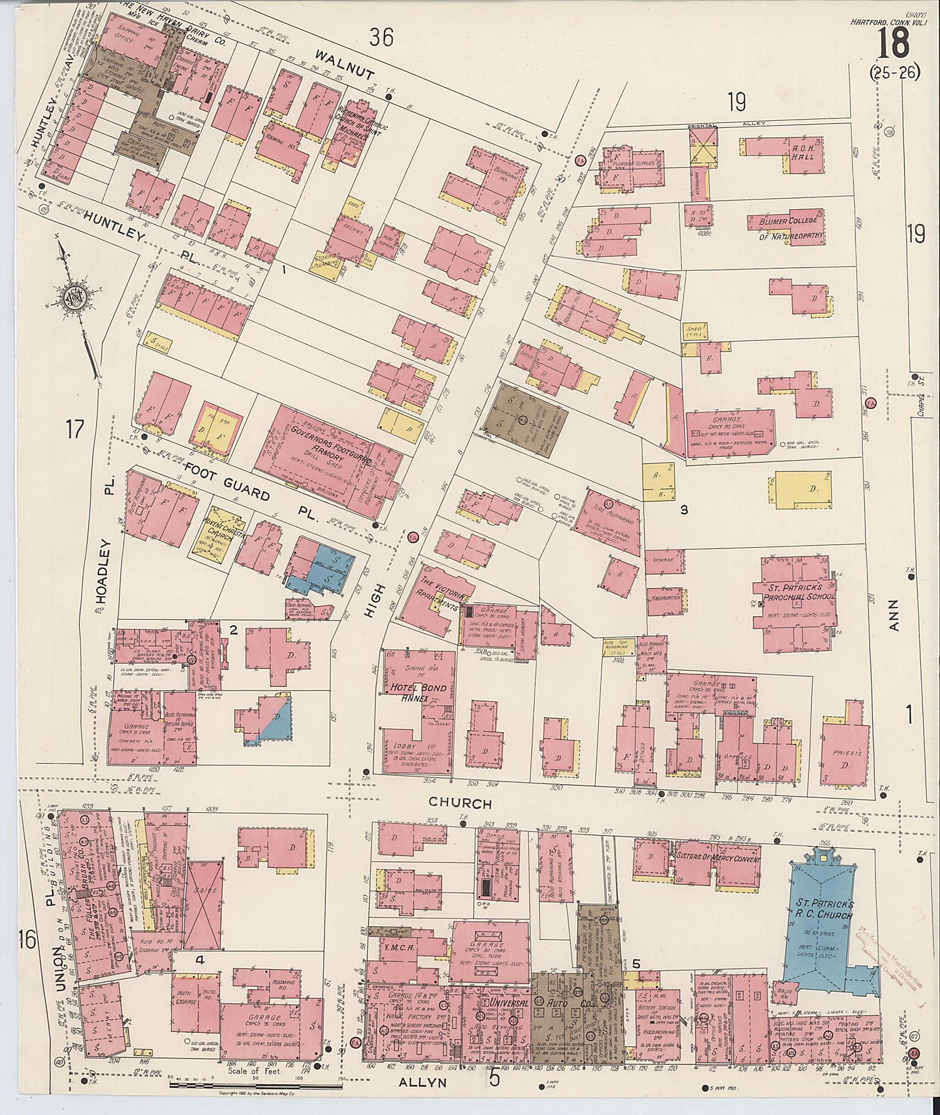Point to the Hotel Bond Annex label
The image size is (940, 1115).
coord(419,692)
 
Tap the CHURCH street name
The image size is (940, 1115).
coord(460,804)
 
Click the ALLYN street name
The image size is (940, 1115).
coord(423,1082)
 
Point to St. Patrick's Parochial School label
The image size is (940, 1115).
coord(795,592)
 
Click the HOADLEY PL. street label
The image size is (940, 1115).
coord(105,558)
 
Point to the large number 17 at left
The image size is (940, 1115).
coord(75,430)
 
